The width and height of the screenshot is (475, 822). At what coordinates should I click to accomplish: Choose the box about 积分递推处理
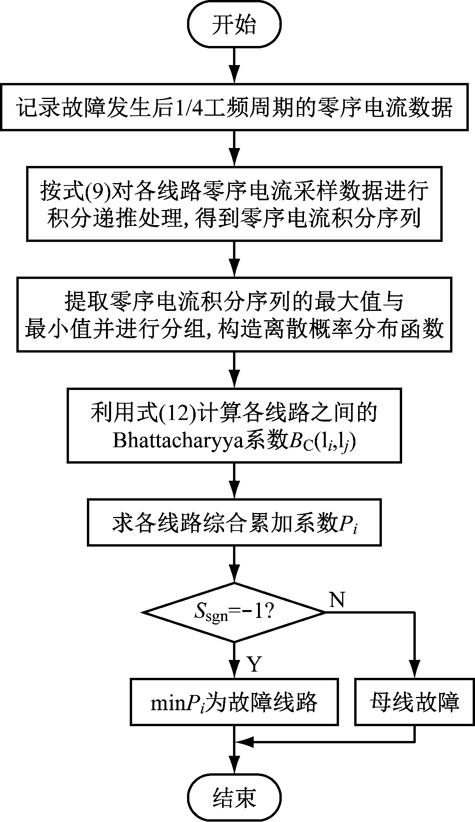coord(234,203)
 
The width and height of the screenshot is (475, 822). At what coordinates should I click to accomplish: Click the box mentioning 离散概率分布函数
coord(234,314)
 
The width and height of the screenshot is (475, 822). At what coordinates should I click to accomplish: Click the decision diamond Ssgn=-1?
coord(234,612)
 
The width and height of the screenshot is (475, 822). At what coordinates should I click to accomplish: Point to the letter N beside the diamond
coord(337,601)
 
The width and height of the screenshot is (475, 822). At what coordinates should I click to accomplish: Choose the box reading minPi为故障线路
coord(234,702)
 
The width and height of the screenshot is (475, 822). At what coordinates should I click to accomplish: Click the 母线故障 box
coord(415,702)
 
